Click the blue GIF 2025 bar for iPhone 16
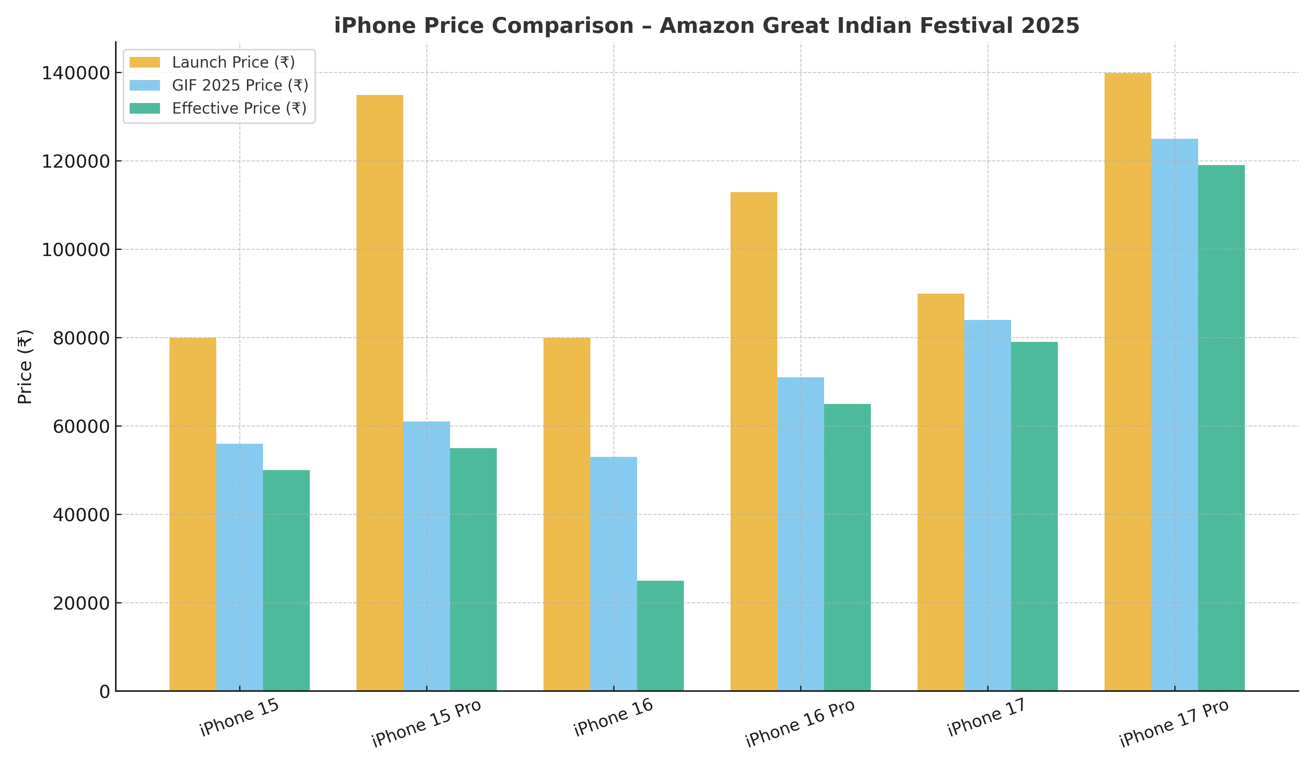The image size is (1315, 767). tap(613, 574)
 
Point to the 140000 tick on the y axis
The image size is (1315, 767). tap(76, 73)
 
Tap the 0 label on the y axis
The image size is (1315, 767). tap(104, 692)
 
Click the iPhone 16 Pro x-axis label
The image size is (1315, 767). tap(800, 723)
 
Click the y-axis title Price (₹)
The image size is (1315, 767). tap(25, 366)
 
